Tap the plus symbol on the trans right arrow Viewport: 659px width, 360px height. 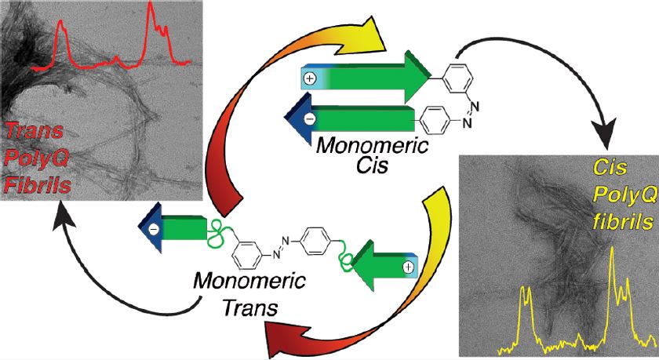407,267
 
